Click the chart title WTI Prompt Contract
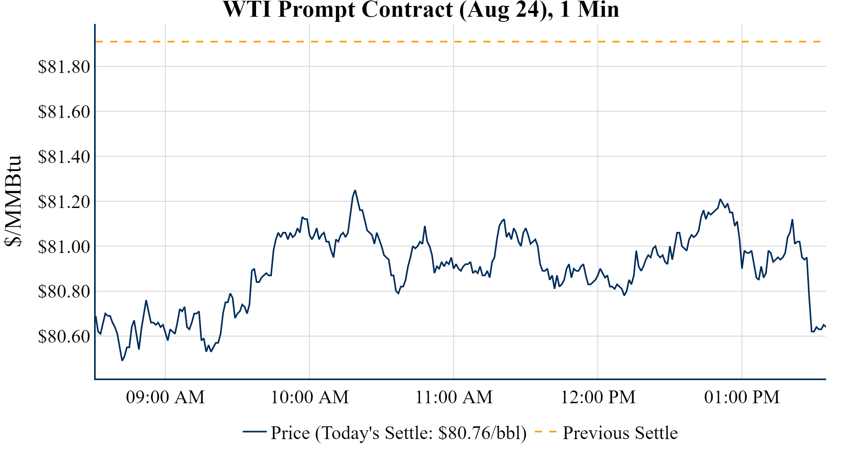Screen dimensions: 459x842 421,10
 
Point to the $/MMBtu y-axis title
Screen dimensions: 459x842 14,201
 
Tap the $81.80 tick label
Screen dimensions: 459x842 64,67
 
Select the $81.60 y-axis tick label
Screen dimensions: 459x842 64,112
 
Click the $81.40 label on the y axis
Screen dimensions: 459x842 64,157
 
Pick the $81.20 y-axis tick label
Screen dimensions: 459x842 64,202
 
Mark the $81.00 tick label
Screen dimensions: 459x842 64,247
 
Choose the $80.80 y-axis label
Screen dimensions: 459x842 64,291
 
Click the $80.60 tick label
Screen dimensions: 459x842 64,336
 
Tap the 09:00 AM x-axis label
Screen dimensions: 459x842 165,397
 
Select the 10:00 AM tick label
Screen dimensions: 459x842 310,397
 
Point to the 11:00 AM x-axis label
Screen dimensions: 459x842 454,397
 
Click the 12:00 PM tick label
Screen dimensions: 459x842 598,397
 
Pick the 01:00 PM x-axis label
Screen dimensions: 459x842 742,397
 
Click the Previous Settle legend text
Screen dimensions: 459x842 620,433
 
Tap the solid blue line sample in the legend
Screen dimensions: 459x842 254,432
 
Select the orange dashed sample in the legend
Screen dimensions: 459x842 545,432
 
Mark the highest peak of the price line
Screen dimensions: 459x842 355,190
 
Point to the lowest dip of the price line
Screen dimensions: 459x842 122,360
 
